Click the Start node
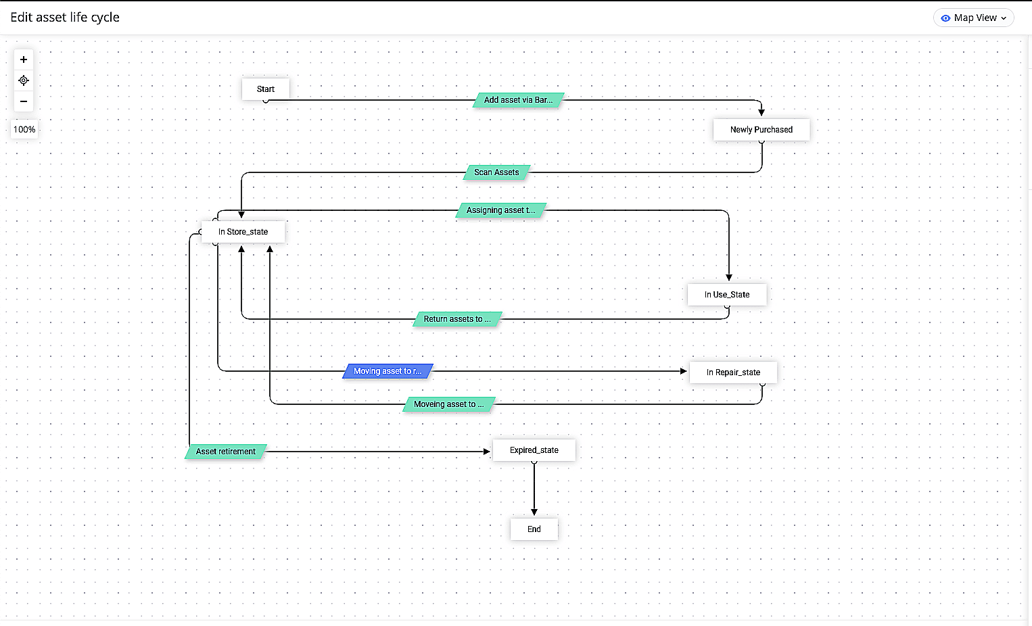pos(266,89)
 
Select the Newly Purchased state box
pos(761,130)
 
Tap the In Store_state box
pos(243,232)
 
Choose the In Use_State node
pos(727,295)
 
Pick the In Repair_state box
pos(733,372)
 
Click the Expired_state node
pos(534,450)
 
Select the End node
pos(534,529)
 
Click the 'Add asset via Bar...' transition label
pos(518,100)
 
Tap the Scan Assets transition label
pos(496,172)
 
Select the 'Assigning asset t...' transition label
pos(500,210)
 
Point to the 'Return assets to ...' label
pos(456,319)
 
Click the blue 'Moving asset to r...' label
pos(388,371)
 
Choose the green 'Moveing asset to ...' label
pos(448,404)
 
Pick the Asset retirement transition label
pos(226,452)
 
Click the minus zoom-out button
pos(24,101)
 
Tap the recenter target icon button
pos(24,80)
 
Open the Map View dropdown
pos(973,18)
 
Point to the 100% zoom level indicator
pos(24,130)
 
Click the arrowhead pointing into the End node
pos(534,512)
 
